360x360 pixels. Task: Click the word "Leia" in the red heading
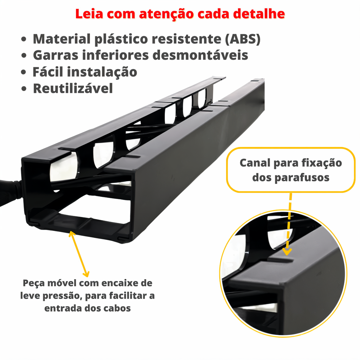(89, 14)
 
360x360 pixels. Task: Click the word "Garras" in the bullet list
(56, 55)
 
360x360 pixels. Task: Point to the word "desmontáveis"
(200, 55)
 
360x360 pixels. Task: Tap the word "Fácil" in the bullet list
(47, 72)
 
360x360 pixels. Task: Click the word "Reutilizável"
(73, 89)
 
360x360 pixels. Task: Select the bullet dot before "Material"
(24, 39)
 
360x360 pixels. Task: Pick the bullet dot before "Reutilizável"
(24, 89)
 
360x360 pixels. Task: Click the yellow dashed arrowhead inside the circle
(287, 252)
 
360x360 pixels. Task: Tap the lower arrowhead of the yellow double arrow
(86, 274)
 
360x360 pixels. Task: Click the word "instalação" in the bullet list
(102, 72)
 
